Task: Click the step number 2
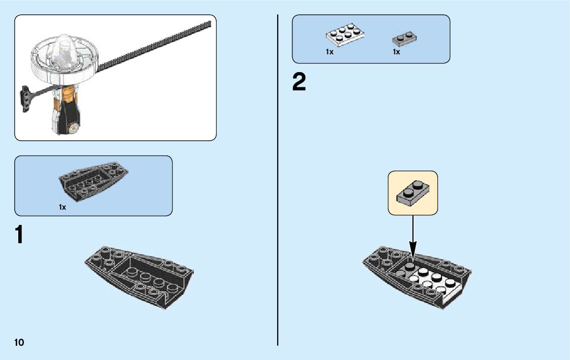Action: click(299, 82)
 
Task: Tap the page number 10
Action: click(19, 342)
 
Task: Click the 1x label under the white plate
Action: click(329, 52)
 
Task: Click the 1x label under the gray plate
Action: click(396, 52)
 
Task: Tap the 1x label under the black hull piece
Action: click(62, 207)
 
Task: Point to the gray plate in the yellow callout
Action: click(412, 192)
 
